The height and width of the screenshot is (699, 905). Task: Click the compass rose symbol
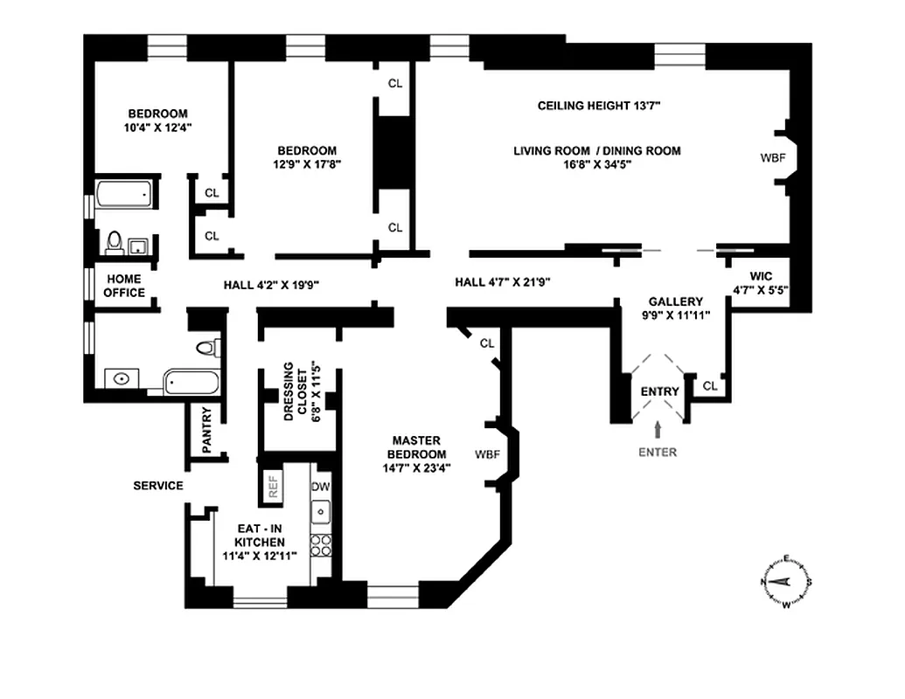[788, 581]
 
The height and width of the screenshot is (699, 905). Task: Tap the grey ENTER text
[658, 452]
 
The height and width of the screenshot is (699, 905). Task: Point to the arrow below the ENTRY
[658, 427]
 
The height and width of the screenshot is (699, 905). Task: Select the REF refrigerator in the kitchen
[273, 487]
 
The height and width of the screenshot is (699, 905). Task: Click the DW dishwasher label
[321, 486]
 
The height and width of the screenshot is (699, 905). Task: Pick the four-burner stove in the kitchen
[322, 546]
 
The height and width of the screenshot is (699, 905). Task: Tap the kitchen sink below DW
[322, 510]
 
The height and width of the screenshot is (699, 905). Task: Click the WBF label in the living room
[773, 159]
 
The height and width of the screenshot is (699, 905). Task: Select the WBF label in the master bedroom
[488, 454]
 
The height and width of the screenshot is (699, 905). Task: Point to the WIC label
[761, 276]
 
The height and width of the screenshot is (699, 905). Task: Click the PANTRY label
[207, 430]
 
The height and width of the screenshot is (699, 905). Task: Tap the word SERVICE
[157, 486]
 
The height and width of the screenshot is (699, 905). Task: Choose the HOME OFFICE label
[124, 286]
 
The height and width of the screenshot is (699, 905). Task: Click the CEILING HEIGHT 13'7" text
[598, 106]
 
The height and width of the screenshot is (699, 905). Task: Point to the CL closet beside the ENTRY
[710, 385]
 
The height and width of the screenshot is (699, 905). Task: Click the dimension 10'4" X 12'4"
[157, 127]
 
